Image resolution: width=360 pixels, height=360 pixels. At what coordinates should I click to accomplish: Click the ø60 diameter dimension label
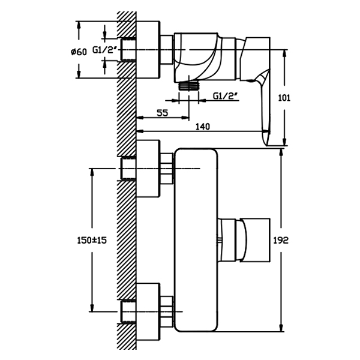click(x=79, y=52)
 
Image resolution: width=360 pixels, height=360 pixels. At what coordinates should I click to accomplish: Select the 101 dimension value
click(x=284, y=98)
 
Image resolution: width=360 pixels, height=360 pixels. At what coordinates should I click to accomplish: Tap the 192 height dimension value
click(x=281, y=241)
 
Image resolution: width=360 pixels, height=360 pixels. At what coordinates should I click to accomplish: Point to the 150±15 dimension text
click(x=92, y=241)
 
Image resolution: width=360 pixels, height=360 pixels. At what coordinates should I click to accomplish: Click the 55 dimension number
click(x=163, y=113)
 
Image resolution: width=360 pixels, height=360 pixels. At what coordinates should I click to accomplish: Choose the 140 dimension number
click(x=203, y=126)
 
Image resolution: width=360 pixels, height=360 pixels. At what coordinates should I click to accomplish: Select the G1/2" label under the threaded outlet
click(x=225, y=96)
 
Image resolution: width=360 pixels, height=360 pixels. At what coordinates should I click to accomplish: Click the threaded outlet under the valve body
click(x=189, y=86)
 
